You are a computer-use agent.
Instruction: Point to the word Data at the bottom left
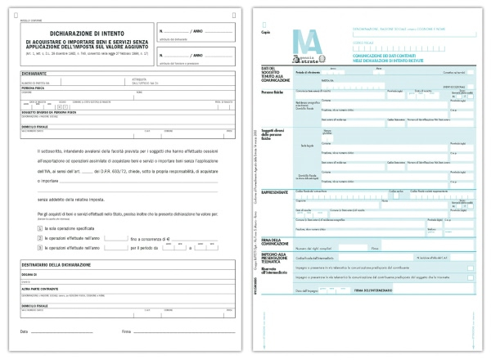point(24,331)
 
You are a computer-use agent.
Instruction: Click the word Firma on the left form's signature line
point(126,331)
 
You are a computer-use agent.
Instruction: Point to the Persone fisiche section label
point(273,92)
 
